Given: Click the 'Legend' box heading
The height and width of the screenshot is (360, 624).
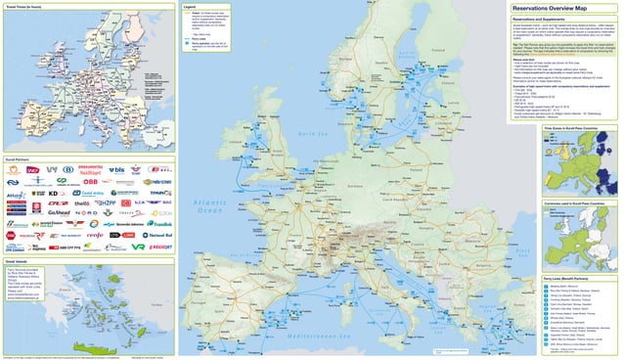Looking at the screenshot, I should click(192, 7).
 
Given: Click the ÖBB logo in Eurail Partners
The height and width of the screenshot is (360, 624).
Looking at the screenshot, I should click(89, 181).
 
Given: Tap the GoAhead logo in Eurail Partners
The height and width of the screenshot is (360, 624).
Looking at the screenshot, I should click(58, 210).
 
